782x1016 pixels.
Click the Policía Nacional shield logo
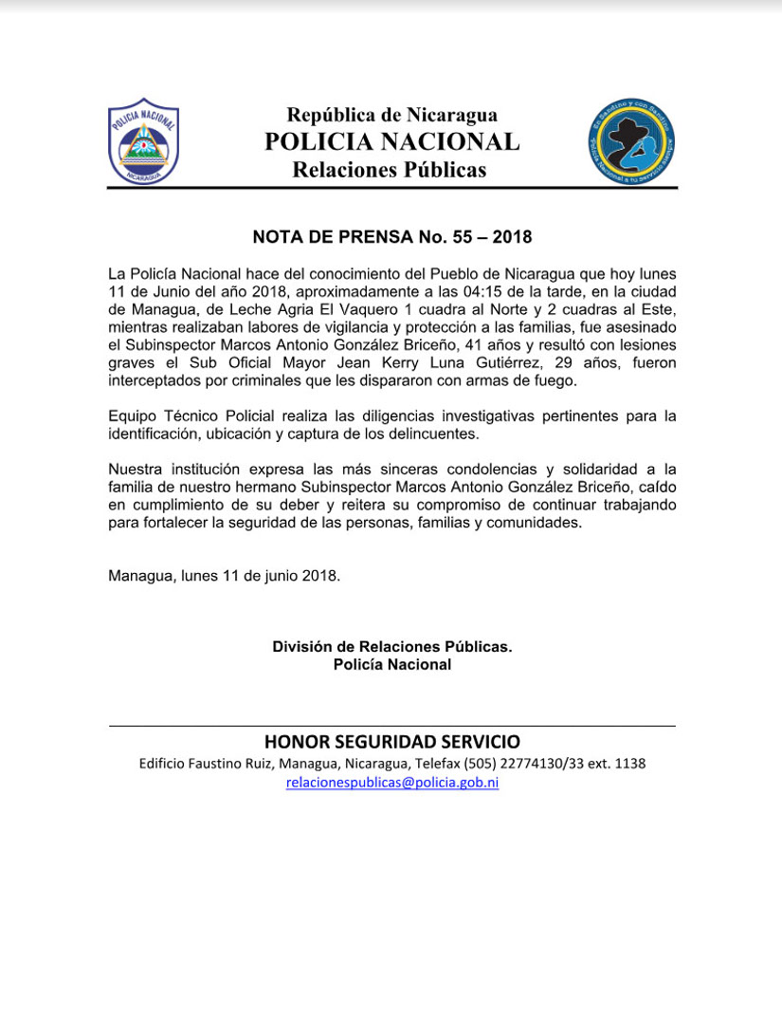[x=143, y=141]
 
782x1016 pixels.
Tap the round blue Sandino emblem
[x=630, y=142]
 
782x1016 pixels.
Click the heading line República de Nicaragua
[x=391, y=116]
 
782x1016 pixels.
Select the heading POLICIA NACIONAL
[x=391, y=142]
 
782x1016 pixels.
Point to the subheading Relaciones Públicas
[x=389, y=170]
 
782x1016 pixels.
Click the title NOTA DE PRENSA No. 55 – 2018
[x=391, y=236]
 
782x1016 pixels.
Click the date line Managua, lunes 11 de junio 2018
[x=224, y=576]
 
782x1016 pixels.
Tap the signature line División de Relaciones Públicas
[x=391, y=647]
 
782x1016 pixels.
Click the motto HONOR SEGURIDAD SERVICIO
[x=391, y=742]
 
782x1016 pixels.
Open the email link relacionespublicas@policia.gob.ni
[x=391, y=783]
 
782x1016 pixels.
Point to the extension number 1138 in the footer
[x=629, y=764]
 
